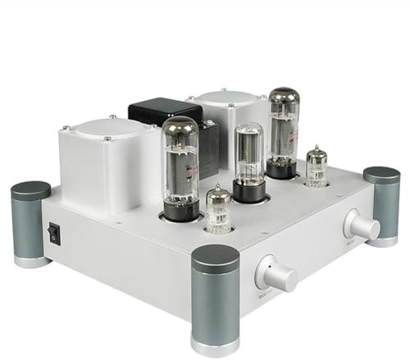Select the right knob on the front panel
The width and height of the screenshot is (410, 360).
coord(362,225)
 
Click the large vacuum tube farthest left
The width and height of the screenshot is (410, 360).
coord(180,164)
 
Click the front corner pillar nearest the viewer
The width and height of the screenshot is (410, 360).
coord(215,299)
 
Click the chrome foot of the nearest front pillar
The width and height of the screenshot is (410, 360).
coord(215,344)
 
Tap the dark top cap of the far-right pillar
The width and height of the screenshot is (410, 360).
coord(381,175)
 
